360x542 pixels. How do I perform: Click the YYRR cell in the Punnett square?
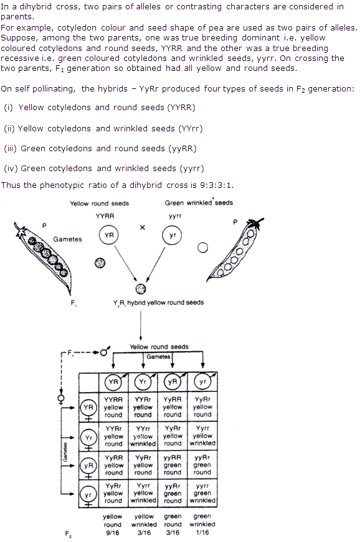point(113,407)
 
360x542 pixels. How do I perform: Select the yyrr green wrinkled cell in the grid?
point(202,493)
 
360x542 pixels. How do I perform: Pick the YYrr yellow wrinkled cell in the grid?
point(143,436)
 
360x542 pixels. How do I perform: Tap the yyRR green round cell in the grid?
point(173,465)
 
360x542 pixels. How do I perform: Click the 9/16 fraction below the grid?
point(113,532)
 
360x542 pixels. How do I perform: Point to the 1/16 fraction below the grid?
point(202,532)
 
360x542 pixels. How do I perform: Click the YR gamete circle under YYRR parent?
point(108,236)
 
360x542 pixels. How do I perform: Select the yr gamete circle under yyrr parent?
point(173,236)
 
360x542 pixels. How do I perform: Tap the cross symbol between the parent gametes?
point(143,228)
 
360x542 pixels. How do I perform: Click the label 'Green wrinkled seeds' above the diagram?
point(199,203)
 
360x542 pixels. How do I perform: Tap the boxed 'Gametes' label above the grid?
point(158,357)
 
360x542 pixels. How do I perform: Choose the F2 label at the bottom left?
point(68,534)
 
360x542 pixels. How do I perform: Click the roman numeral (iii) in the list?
point(11,149)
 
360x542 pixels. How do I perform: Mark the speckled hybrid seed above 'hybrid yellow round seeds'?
point(141,289)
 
